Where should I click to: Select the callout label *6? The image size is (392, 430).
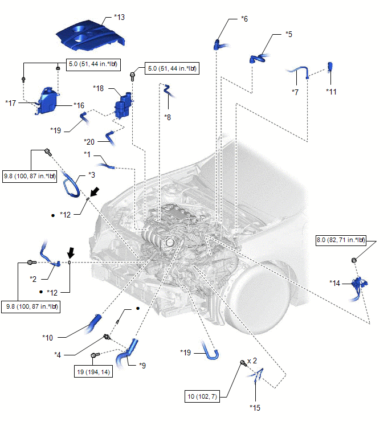[244, 19]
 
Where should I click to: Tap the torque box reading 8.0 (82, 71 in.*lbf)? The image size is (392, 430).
[341, 240]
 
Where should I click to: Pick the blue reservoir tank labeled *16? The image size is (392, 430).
[47, 101]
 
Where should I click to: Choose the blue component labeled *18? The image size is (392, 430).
[124, 105]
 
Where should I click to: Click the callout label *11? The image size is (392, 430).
[331, 92]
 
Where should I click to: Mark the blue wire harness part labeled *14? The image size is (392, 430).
[359, 288]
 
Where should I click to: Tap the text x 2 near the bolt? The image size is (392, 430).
[252, 361]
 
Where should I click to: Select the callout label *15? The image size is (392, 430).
[255, 408]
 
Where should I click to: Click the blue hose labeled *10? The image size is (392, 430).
[93, 323]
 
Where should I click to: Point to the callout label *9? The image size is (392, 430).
[142, 366]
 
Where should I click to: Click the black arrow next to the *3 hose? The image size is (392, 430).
[95, 192]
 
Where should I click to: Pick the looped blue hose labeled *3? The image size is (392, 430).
[71, 184]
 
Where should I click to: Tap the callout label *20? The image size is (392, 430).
[89, 142]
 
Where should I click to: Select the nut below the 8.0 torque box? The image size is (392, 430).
[354, 260]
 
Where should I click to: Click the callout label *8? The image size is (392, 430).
[168, 117]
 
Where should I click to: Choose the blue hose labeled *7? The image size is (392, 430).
[297, 70]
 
